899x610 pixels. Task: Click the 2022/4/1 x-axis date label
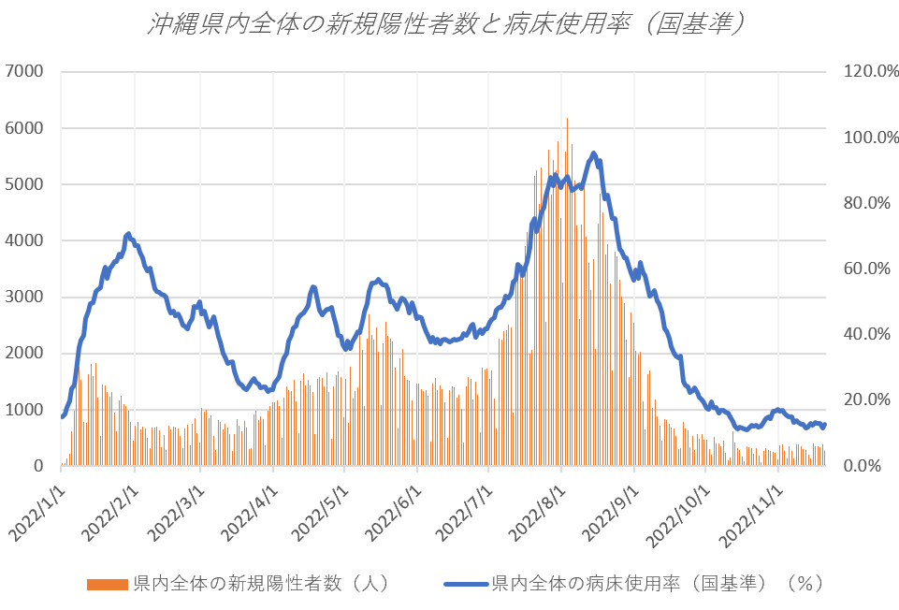point(249,510)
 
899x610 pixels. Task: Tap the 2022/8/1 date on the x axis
point(537,510)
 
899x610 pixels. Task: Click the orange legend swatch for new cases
point(108,585)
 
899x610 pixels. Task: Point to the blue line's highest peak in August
point(593,153)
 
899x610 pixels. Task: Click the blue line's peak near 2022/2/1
point(127,234)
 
